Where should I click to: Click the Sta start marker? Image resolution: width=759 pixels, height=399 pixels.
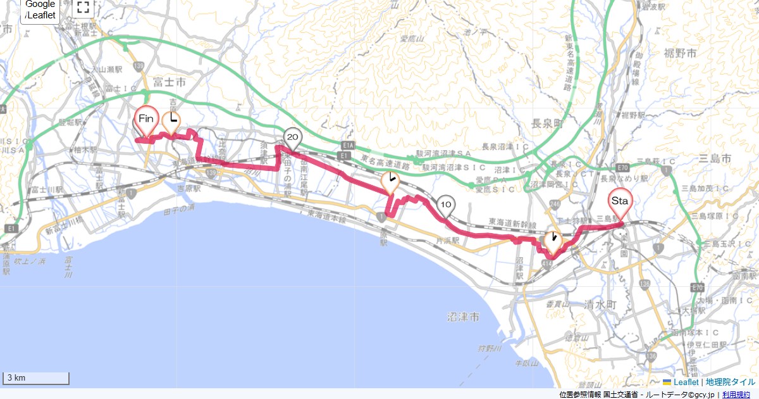[619, 202]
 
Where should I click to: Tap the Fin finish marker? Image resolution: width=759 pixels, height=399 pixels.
[147, 120]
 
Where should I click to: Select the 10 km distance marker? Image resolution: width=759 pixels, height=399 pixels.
[445, 205]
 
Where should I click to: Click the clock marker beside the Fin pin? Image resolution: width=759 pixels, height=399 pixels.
[171, 121]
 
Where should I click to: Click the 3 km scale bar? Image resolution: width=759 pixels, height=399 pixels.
[36, 378]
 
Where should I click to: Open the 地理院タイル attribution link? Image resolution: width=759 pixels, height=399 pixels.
[730, 382]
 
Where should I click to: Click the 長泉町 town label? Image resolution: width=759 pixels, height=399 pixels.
[546, 123]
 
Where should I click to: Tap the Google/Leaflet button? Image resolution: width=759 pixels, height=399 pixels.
[40, 10]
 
